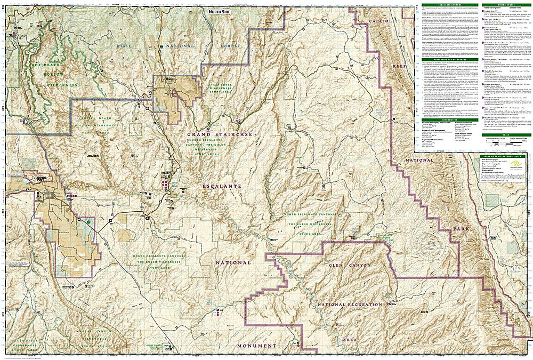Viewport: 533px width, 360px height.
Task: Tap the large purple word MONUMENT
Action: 254,346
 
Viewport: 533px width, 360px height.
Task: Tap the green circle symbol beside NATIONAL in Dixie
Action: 161,47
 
